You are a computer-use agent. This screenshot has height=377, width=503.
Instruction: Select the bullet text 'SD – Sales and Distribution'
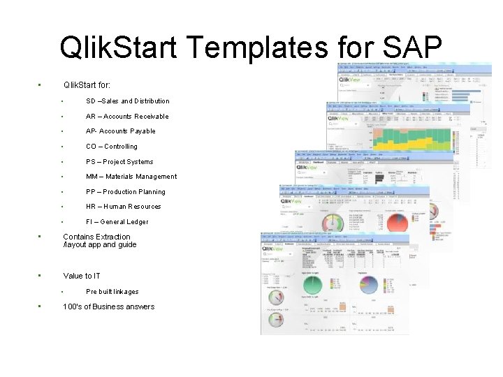pos(127,101)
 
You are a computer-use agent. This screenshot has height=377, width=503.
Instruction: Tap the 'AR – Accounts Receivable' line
pos(127,117)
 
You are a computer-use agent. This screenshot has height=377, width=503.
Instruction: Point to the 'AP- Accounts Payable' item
pos(120,131)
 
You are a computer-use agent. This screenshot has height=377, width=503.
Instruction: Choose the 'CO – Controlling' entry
pos(111,147)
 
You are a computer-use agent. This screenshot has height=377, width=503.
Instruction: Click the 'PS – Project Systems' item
pos(119,162)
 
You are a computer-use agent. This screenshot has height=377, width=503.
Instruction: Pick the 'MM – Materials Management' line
pos(131,177)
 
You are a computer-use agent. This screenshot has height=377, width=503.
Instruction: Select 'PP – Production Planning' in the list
pos(125,192)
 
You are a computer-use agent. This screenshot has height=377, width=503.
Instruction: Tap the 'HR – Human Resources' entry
pos(123,207)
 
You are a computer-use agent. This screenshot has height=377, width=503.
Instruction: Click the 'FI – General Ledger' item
pos(117,222)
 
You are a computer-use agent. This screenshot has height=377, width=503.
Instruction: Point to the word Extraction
pos(113,237)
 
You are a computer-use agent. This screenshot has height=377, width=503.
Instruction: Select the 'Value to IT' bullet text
pos(82,276)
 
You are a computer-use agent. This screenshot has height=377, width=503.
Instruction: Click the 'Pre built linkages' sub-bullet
pos(112,292)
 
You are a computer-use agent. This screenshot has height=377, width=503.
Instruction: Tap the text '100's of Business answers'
pos(108,306)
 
